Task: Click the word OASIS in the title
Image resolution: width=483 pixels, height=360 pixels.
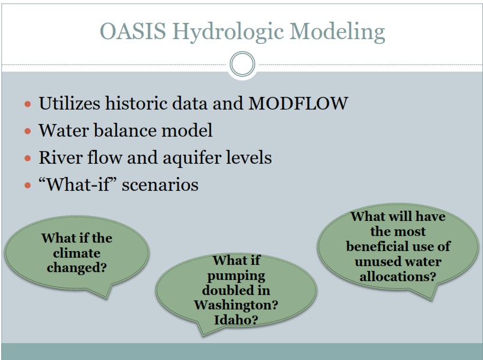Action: pyautogui.click(x=133, y=31)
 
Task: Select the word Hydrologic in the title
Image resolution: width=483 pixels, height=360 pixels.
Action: pyautogui.click(x=228, y=33)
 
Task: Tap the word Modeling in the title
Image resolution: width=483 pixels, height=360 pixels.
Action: pyautogui.click(x=337, y=33)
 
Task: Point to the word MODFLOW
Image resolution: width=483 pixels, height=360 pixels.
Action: pyautogui.click(x=298, y=103)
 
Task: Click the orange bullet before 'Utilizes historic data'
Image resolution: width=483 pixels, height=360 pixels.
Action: pyautogui.click(x=28, y=104)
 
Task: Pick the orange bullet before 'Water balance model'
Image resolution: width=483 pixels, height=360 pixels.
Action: pyautogui.click(x=28, y=131)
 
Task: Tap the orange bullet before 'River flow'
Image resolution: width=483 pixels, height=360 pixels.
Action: pyautogui.click(x=28, y=158)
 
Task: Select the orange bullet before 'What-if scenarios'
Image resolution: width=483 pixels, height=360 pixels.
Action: pyautogui.click(x=28, y=185)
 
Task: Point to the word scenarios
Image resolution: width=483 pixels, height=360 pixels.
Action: pyautogui.click(x=160, y=185)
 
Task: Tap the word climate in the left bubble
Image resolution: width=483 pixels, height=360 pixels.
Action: pyautogui.click(x=77, y=253)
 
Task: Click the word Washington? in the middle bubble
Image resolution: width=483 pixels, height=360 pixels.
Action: pyautogui.click(x=236, y=305)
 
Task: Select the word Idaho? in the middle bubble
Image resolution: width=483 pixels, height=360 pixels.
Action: pyautogui.click(x=236, y=320)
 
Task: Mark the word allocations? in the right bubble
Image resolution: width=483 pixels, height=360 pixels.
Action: pyautogui.click(x=398, y=276)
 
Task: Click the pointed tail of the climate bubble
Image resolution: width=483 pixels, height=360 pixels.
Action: pyautogui.click(x=106, y=297)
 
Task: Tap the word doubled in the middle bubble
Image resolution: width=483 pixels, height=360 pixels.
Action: pyautogui.click(x=236, y=290)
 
